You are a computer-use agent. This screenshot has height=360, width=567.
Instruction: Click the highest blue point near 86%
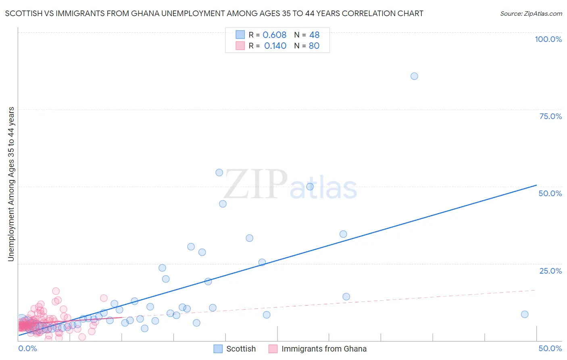[414, 76]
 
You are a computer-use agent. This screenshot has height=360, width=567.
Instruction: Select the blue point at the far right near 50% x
[525, 314]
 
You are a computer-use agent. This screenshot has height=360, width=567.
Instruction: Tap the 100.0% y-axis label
[548, 39]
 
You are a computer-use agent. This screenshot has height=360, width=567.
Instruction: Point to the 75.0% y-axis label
[550, 116]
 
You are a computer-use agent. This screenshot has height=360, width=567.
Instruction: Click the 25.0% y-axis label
[550, 271]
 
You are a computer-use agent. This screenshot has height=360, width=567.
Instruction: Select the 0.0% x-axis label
[27, 348]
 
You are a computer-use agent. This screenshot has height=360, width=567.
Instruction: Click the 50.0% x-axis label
[550, 348]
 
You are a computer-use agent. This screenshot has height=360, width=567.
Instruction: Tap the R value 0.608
[274, 35]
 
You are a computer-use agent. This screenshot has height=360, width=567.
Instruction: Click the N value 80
[314, 46]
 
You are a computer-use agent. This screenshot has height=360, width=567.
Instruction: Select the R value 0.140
[275, 46]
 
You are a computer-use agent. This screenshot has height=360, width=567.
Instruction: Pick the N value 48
[314, 35]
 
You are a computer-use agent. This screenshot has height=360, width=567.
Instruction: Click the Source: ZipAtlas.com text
[531, 14]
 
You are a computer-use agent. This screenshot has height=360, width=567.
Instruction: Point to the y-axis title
[11, 184]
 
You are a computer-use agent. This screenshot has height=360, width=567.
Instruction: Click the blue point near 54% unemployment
[219, 173]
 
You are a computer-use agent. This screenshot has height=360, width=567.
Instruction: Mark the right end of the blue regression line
[536, 185]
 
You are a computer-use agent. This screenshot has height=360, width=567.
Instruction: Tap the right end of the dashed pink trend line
[536, 290]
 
